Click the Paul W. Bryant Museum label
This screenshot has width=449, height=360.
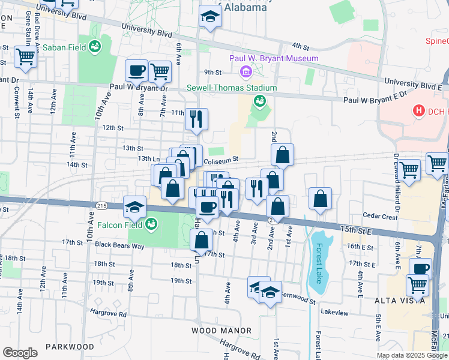pyautogui.click(x=274, y=58)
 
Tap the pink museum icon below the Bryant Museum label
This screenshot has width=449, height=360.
pyautogui.click(x=245, y=73)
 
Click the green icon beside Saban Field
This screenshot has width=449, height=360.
pyautogui.click(x=95, y=46)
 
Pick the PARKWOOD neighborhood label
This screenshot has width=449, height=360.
pyautogui.click(x=71, y=347)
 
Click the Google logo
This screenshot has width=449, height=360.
pyautogui.click(x=20, y=353)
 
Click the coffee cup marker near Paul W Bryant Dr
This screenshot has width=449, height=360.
pyautogui.click(x=136, y=71)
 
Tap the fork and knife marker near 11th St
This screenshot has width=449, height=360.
pyautogui.click(x=196, y=119)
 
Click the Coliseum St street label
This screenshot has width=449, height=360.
pyautogui.click(x=221, y=160)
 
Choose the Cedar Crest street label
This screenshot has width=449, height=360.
pyautogui.click(x=380, y=217)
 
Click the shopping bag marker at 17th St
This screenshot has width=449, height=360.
pyautogui.click(x=201, y=239)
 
